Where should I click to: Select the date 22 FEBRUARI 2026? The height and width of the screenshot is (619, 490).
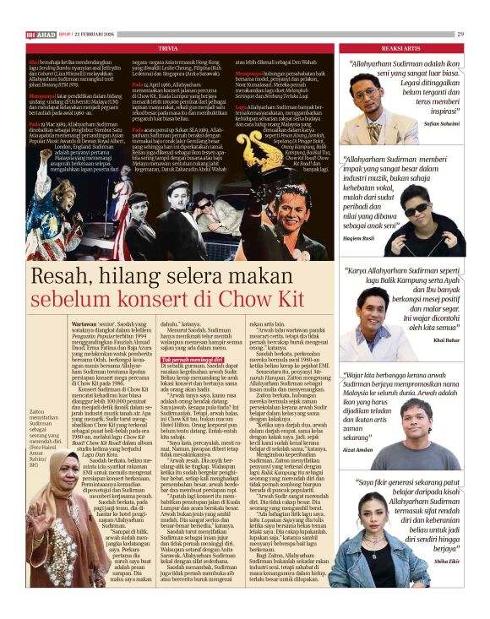[x=105, y=34]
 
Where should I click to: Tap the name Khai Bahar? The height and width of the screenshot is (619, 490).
[x=446, y=339]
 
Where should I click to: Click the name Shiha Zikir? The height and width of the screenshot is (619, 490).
[x=445, y=582]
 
